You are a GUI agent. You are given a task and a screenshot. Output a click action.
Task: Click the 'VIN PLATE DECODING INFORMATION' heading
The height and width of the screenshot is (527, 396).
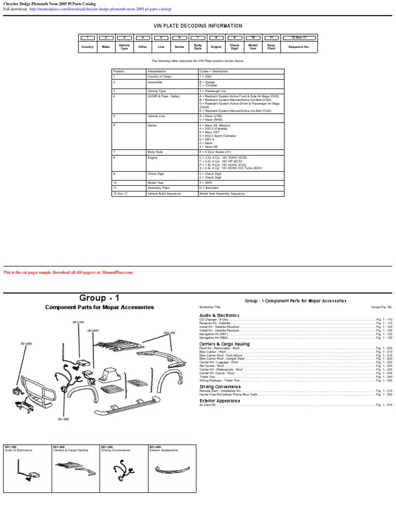point(197,26)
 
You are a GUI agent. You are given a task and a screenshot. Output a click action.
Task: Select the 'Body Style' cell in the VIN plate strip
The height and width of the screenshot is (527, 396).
point(197,47)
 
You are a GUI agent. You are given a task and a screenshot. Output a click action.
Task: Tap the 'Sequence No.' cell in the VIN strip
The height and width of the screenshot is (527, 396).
point(299,47)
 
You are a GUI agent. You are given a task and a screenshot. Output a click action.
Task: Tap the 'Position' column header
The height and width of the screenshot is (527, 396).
point(119,71)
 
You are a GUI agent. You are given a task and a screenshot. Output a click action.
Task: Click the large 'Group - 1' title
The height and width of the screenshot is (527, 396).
point(99,298)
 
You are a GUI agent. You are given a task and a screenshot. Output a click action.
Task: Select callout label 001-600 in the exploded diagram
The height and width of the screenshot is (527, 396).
point(26,343)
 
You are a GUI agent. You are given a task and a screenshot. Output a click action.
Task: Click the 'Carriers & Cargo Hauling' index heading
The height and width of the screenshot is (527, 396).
point(224,344)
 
